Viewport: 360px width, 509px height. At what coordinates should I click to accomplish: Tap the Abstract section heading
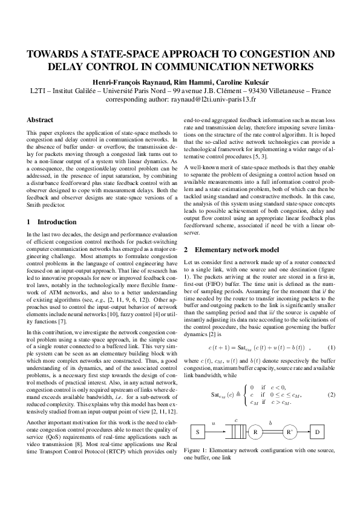(41, 120)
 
